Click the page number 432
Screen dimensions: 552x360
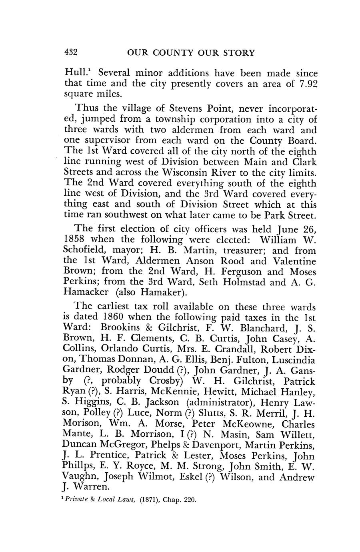[x=70, y=52]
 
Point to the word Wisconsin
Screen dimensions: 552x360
[x=185, y=173]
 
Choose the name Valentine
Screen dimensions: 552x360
[x=295, y=261]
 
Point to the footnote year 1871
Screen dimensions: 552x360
[x=150, y=500]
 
